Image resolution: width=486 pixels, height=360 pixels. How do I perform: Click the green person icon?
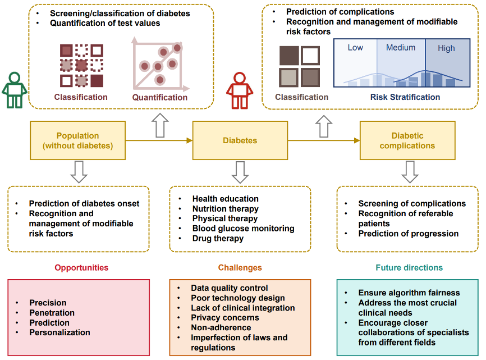click(x=15, y=90)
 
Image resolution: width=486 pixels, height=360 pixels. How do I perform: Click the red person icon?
click(x=240, y=90)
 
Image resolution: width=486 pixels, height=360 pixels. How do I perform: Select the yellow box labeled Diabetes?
click(x=240, y=140)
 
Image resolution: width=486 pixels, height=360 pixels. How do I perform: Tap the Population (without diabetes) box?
click(x=78, y=140)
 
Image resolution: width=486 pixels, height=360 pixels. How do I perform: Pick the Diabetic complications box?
click(x=407, y=140)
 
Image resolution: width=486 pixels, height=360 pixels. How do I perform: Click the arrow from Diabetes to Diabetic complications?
click(x=324, y=140)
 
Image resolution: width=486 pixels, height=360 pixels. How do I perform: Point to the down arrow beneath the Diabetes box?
click(x=240, y=172)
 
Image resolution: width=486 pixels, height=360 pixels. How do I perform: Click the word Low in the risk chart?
click(x=355, y=48)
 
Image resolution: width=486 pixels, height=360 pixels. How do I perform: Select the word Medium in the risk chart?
click(x=401, y=48)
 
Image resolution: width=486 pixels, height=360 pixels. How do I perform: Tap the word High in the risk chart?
click(x=446, y=48)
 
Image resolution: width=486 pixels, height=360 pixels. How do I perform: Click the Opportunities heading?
click(x=81, y=267)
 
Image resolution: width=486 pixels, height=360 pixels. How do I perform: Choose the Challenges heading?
click(x=240, y=267)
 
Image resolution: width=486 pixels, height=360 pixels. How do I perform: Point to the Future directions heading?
click(x=409, y=267)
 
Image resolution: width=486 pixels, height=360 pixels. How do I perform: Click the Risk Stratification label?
click(x=405, y=97)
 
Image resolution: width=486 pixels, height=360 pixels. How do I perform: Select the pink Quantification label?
click(x=160, y=97)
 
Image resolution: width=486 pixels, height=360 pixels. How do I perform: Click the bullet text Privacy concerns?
click(x=225, y=317)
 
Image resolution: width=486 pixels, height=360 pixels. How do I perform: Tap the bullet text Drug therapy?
click(x=218, y=239)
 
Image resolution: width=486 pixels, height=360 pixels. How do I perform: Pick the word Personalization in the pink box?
click(x=60, y=332)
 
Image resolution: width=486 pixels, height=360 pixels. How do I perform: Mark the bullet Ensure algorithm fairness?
click(x=409, y=293)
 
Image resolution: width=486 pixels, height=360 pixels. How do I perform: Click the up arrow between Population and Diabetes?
click(x=160, y=125)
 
